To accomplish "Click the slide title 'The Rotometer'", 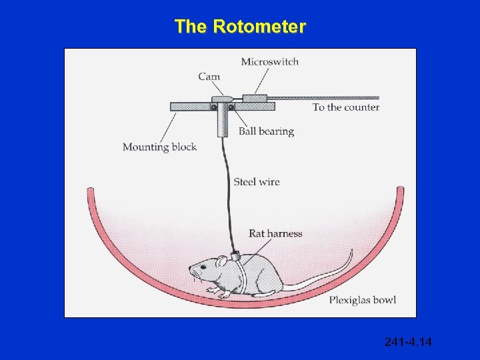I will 240,27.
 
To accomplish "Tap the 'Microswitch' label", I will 269,62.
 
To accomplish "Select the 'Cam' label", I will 209,76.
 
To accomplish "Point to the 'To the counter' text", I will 345,107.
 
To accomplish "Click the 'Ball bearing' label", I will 266,131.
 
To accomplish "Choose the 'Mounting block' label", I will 159,147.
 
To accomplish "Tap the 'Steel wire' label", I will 256,181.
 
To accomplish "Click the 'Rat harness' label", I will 275,233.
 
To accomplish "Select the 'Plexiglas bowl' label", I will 362,300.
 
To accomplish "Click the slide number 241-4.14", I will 408,342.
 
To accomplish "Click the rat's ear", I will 221,261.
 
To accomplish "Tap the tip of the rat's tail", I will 351,252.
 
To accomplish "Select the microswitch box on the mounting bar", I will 255,98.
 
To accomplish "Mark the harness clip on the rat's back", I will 235,255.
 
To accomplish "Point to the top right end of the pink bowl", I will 400,191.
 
